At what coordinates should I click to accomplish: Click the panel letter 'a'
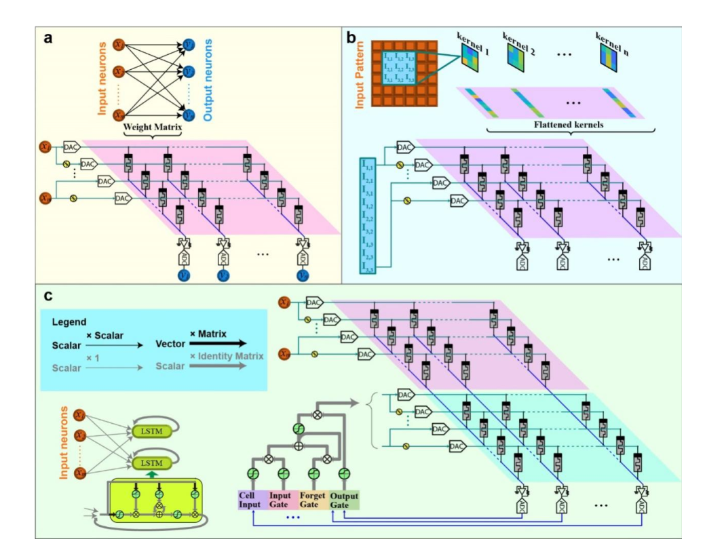point(48,39)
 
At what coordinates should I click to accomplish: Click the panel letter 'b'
point(351,39)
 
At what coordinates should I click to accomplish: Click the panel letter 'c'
point(47,296)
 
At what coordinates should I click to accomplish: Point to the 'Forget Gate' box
point(314,500)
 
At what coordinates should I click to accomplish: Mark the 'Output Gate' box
point(344,500)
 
